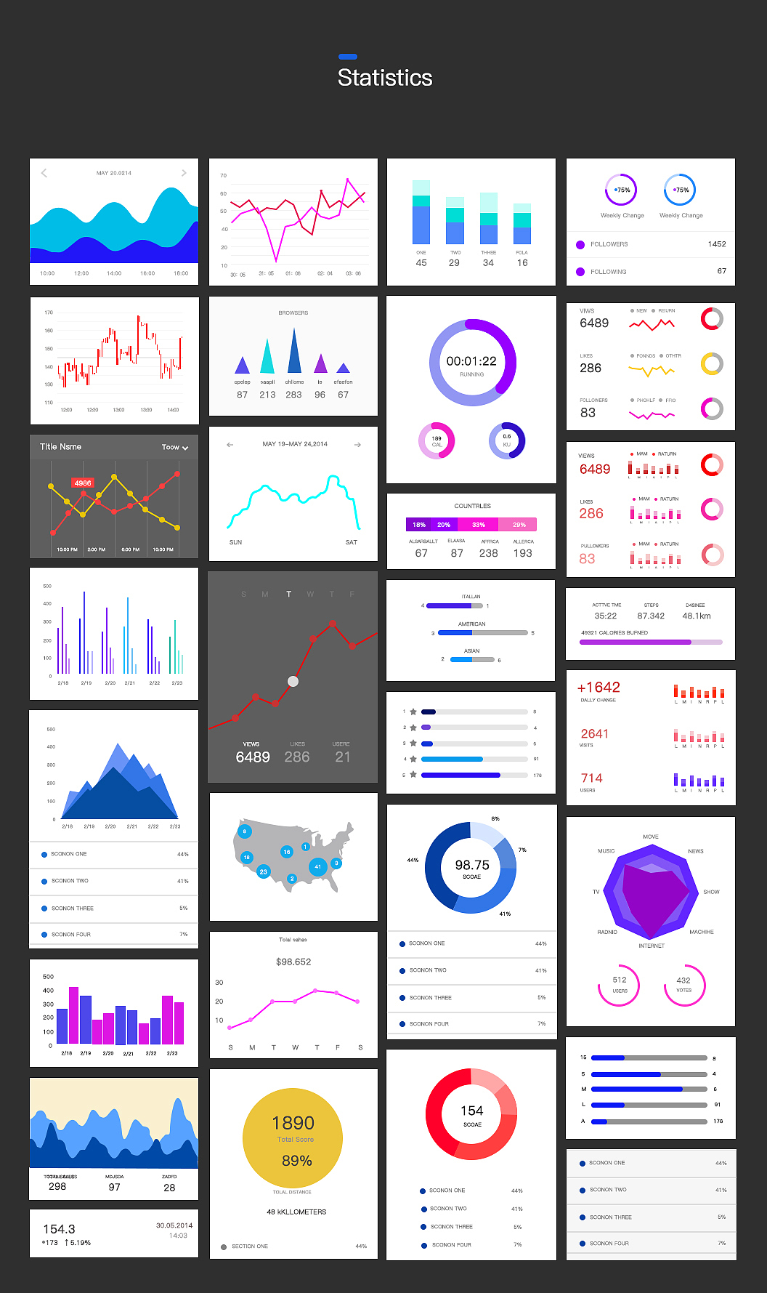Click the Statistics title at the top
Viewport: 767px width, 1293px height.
click(385, 78)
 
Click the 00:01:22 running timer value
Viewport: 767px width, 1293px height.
click(471, 361)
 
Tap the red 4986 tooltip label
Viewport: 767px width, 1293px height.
click(83, 483)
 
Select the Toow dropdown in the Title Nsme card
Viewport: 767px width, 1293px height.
click(174, 447)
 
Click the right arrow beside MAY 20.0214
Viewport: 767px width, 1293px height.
click(184, 173)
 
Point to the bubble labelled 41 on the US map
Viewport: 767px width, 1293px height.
click(317, 866)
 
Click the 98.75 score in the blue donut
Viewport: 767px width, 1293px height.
click(472, 865)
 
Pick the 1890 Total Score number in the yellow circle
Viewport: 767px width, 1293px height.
click(293, 1123)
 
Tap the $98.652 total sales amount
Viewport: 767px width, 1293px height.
click(293, 962)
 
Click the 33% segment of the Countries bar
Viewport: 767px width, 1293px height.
click(479, 525)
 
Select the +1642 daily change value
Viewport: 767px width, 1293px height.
click(598, 688)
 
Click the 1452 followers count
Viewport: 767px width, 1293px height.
click(716, 244)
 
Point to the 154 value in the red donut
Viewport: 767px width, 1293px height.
click(471, 1111)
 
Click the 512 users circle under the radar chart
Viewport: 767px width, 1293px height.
click(619, 983)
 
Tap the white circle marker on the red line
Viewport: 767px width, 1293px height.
click(293, 681)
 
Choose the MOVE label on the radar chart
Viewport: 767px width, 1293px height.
click(651, 837)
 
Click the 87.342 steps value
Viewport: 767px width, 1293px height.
click(651, 616)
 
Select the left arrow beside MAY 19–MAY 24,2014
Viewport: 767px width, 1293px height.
click(230, 444)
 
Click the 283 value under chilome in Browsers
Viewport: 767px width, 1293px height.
click(293, 395)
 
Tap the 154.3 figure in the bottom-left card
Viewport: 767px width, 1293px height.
click(59, 1229)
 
